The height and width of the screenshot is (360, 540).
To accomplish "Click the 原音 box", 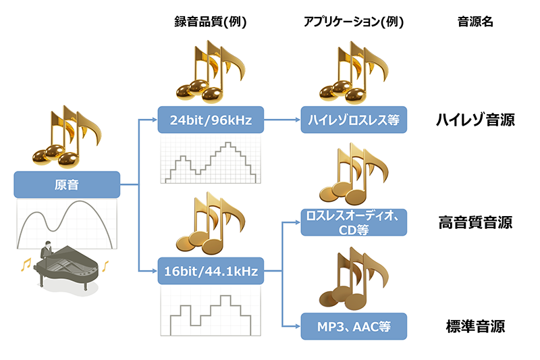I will pos(66,184).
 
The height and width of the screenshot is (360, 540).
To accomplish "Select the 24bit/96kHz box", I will pos(210,121).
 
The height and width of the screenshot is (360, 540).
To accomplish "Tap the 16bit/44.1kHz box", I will pos(210,272).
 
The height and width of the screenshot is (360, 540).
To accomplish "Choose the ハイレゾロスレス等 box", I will pos(354,121).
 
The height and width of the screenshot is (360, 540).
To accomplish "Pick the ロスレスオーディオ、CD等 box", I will pos(354,222).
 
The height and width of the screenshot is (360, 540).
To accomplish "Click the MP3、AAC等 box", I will pos(354,327).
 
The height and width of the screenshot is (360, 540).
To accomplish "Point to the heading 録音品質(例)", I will pos(210,22).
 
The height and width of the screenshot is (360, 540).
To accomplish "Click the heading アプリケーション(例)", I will pos(354,22).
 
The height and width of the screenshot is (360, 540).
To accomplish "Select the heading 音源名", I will pos(475,22).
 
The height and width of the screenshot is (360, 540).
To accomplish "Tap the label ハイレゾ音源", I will pos(475,121).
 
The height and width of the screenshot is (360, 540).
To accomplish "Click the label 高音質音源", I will pos(475,222).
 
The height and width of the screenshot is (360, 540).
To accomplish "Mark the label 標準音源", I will pos(475,327).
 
